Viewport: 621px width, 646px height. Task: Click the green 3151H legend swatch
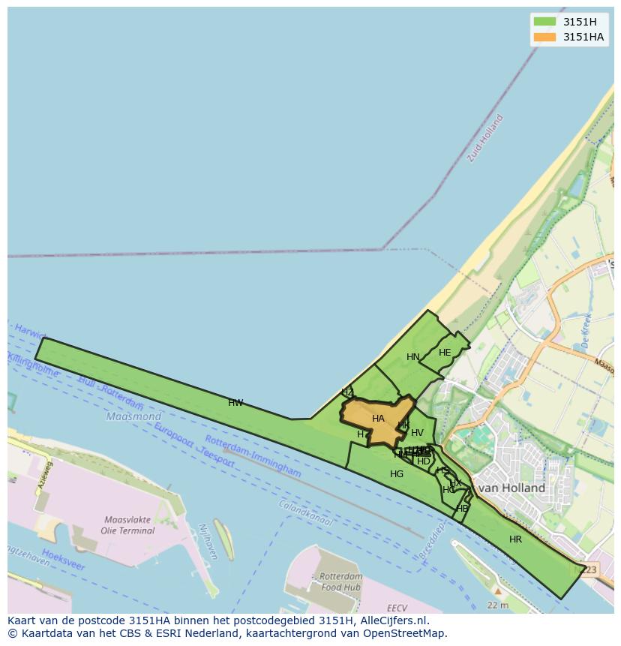544,22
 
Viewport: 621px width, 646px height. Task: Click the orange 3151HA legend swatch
544,37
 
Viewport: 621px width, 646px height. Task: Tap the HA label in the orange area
378,419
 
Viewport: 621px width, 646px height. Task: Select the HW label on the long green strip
235,403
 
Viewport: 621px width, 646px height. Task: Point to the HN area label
412,357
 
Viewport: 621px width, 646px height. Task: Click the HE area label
445,353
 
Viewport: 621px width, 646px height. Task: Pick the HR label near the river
515,539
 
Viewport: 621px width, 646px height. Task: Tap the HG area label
397,474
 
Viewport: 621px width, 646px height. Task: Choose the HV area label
417,433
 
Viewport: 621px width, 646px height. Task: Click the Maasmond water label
133,416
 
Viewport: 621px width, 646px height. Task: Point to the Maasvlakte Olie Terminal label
127,524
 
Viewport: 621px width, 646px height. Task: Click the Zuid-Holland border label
485,138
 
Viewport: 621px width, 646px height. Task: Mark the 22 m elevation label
497,605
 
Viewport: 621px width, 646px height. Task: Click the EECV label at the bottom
397,608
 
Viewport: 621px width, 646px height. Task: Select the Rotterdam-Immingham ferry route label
253,457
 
